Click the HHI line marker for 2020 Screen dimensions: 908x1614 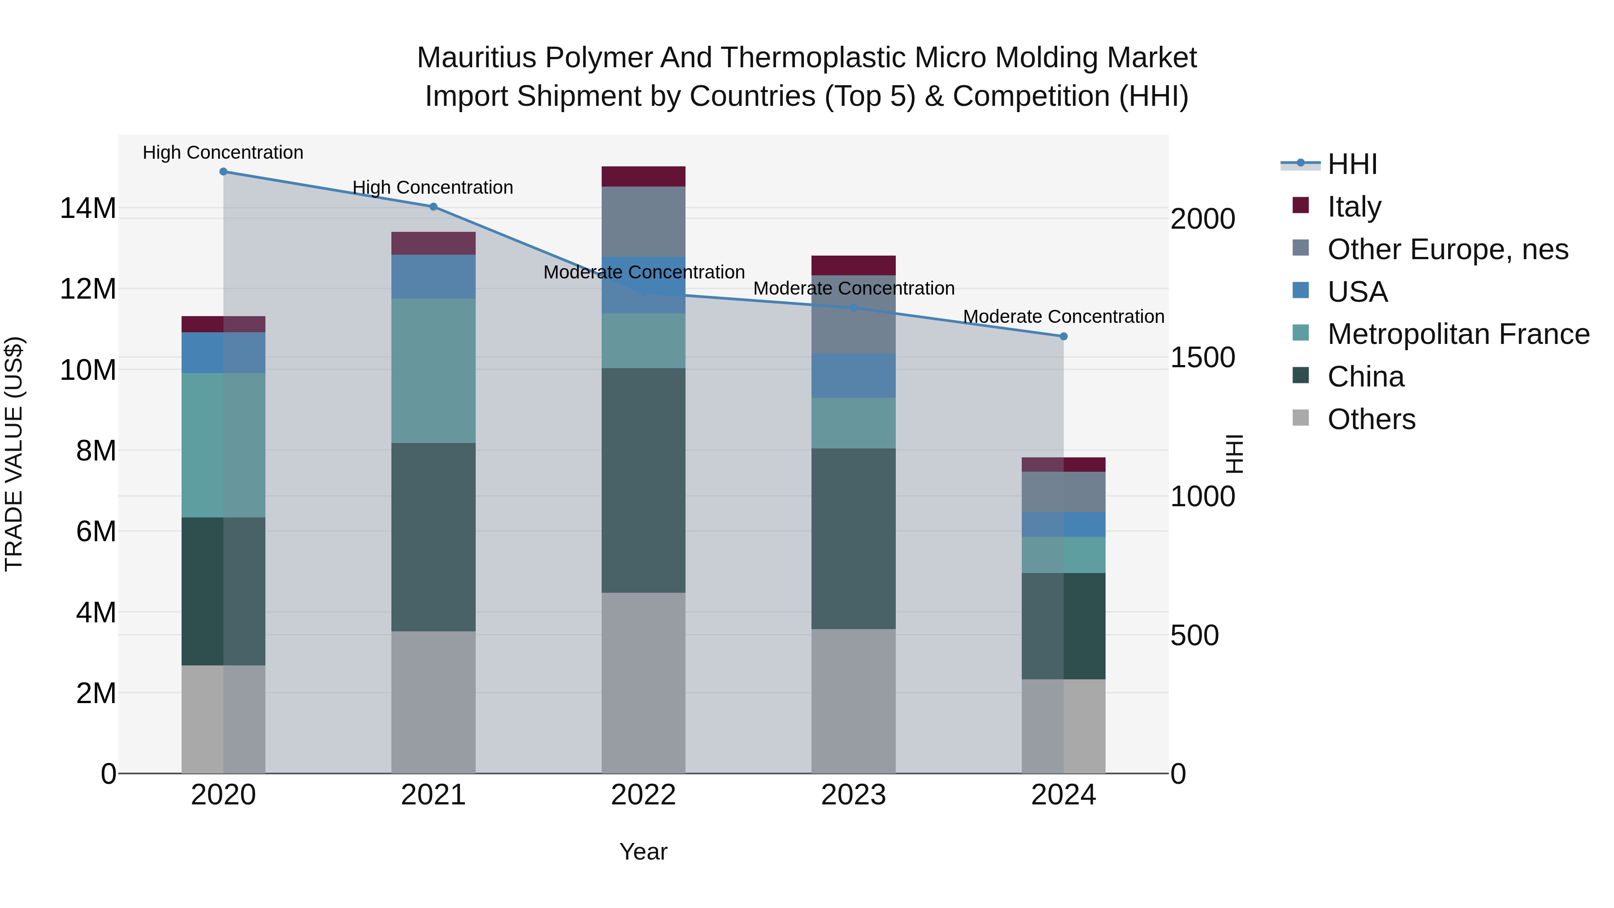tap(223, 172)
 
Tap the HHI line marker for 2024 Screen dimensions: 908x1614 tap(1063, 336)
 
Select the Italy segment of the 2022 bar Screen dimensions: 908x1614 tap(643, 177)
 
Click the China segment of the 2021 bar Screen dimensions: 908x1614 tap(433, 537)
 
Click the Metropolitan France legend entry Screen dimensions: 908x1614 tap(1458, 334)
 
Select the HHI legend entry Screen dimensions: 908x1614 tap(1352, 164)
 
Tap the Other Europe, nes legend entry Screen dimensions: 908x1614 tap(1447, 249)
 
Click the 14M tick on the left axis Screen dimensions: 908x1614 tap(88, 208)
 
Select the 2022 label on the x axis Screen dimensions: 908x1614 tap(643, 795)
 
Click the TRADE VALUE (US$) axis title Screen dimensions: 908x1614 tap(14, 454)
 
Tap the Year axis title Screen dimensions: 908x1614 tap(643, 852)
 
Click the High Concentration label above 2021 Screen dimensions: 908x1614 tap(433, 187)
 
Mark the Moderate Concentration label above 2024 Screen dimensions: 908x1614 tap(1063, 317)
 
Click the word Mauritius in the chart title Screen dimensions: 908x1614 tap(476, 58)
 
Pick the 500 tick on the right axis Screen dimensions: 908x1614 tap(1194, 635)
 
